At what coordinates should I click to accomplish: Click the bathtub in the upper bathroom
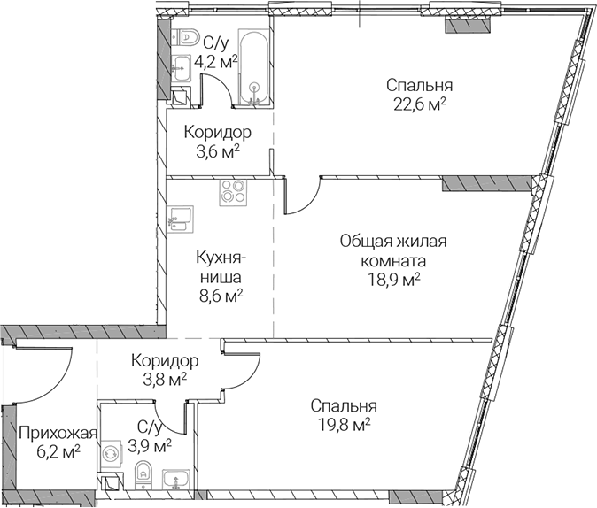click(x=254, y=67)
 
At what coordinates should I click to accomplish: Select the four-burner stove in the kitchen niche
click(x=233, y=193)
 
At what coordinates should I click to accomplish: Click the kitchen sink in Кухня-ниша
click(x=180, y=219)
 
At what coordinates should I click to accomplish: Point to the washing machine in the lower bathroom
click(x=111, y=454)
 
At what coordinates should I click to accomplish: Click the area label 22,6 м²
click(x=420, y=104)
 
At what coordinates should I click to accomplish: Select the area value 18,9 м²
click(x=393, y=281)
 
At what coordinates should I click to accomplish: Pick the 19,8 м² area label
click(x=345, y=425)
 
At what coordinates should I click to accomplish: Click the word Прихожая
click(x=58, y=433)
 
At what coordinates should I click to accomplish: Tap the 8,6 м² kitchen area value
click(x=221, y=296)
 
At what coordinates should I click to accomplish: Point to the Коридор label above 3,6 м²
click(x=218, y=133)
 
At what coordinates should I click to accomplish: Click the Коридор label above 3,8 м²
click(x=165, y=361)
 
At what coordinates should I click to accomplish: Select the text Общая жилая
click(x=393, y=242)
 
